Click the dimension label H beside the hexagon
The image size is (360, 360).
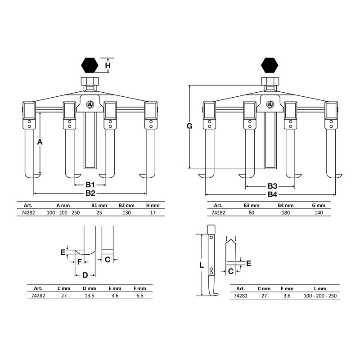point(108,65)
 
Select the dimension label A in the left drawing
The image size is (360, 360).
point(40,142)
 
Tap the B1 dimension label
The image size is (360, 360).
point(90,184)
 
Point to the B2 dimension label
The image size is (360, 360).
point(90,193)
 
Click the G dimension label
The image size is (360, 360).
point(189,126)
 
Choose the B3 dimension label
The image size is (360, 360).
point(272,186)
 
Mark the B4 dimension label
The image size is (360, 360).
point(272,195)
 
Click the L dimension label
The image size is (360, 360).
point(201,265)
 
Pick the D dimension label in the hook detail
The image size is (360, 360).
point(85,275)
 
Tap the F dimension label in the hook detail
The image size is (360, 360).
point(80,262)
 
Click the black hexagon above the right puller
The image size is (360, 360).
point(270,65)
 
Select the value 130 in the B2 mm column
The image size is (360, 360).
point(126,212)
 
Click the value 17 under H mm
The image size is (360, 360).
point(153,212)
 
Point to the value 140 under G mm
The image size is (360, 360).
point(319,212)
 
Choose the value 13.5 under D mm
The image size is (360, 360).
point(89,296)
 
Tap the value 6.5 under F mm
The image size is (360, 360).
point(140,296)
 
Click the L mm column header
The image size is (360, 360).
point(320,288)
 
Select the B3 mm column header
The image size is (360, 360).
point(252,206)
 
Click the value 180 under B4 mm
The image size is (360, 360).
point(286,212)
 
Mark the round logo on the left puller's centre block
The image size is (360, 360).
point(90,104)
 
